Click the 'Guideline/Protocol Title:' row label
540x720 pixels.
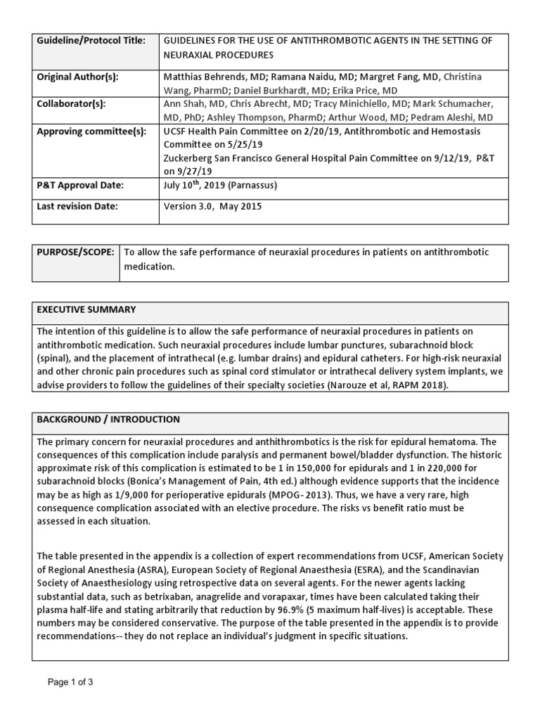[91, 41]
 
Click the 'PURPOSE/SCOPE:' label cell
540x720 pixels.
[75, 252]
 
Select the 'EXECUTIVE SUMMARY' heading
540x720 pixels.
[86, 310]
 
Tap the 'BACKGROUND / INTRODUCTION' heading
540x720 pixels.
[108, 420]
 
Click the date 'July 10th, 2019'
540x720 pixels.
[196, 186]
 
